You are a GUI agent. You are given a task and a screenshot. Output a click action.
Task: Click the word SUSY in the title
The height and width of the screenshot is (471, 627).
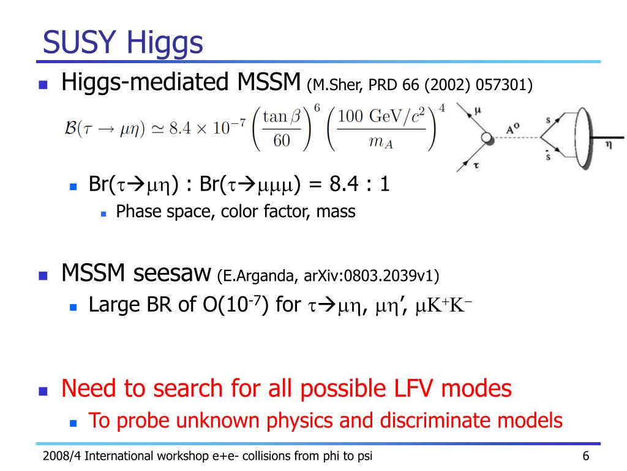(79, 42)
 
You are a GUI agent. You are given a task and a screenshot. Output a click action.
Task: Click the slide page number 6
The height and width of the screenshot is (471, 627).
(586, 456)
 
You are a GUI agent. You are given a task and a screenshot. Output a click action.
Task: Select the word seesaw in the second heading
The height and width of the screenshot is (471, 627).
(172, 273)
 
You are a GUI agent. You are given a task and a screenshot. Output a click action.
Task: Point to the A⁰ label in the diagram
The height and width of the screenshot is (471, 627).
(512, 129)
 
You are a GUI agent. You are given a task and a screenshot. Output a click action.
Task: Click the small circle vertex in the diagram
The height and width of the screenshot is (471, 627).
(487, 138)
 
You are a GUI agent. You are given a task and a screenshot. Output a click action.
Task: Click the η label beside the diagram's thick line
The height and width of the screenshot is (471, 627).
(608, 145)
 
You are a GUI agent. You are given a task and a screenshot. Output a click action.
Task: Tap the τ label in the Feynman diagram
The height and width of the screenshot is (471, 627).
(476, 165)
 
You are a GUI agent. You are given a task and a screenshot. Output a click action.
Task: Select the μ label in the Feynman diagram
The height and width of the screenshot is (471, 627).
(477, 111)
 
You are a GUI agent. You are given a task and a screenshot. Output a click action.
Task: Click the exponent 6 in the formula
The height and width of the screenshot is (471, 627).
(317, 108)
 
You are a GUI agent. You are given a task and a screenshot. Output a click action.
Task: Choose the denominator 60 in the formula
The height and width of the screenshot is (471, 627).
(282, 140)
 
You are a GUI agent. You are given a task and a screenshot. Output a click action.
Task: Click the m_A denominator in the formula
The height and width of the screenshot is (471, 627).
(381, 142)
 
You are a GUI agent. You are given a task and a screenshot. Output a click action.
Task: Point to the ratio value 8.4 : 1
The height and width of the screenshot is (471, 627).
(359, 184)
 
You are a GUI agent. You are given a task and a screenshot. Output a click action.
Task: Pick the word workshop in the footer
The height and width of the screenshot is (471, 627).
(182, 456)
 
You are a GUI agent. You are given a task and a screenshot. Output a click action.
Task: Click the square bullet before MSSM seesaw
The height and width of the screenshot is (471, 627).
(43, 275)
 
